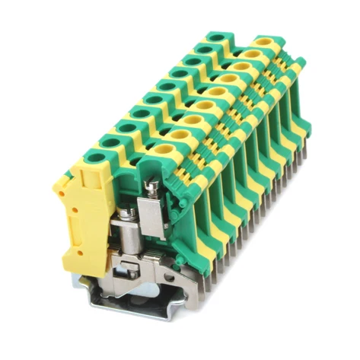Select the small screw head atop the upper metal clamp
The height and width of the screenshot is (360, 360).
153,185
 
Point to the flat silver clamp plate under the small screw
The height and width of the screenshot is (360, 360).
152,209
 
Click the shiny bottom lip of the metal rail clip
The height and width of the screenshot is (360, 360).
137,308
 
